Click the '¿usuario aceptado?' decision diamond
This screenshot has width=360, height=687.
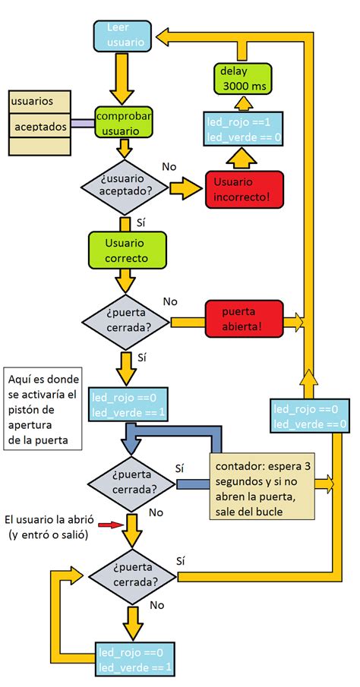click(125, 185)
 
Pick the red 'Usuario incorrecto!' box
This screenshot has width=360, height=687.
click(243, 190)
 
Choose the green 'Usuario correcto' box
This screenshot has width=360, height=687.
click(125, 250)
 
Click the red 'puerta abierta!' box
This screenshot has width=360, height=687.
click(243, 319)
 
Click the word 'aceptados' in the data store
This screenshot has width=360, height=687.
click(41, 125)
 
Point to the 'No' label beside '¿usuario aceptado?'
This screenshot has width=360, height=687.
click(171, 165)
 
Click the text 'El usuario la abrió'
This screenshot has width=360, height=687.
click(49, 519)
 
